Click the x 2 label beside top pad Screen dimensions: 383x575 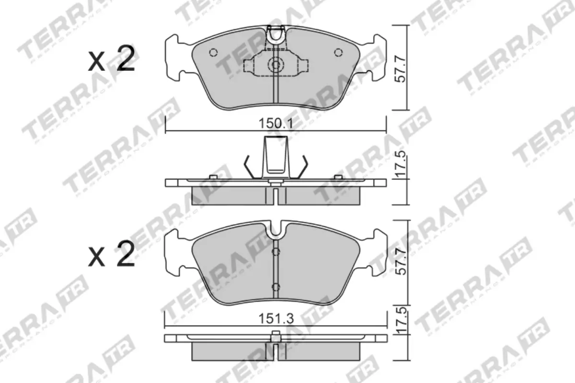click(x=111, y=61)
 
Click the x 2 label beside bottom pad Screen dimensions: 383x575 click(x=111, y=255)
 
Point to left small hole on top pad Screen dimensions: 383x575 click(x=214, y=53)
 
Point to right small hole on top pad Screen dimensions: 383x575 click(x=338, y=53)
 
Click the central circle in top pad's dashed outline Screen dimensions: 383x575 click(x=276, y=64)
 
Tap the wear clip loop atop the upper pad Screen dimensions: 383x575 click(x=276, y=35)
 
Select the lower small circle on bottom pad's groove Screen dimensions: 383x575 click(x=275, y=286)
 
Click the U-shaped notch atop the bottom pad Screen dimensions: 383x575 click(x=276, y=229)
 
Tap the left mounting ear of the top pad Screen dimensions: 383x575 click(x=175, y=56)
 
